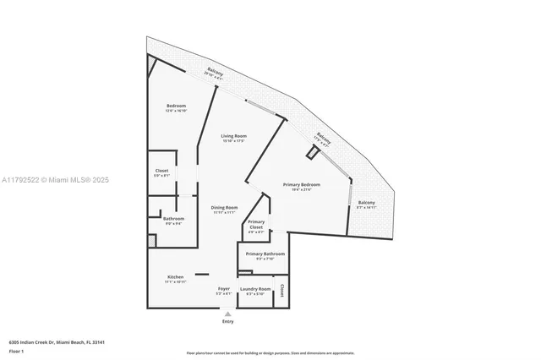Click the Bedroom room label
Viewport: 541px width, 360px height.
(x=176, y=106)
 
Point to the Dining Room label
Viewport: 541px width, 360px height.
(x=224, y=207)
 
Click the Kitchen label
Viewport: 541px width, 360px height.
(x=175, y=277)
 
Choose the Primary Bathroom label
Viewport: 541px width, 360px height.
(x=265, y=254)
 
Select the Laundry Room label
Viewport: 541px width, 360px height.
(x=255, y=289)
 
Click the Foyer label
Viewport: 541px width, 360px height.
(x=224, y=289)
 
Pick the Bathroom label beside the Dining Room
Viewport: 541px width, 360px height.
(x=173, y=219)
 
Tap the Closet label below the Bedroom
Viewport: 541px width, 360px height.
(x=161, y=171)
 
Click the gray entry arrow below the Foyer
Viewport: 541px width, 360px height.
(x=227, y=314)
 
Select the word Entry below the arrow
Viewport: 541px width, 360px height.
(x=227, y=322)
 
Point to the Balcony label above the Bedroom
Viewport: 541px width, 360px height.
(x=215, y=73)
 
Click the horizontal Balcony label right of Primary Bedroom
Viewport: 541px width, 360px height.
(x=366, y=203)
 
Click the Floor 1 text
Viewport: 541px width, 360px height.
(x=16, y=350)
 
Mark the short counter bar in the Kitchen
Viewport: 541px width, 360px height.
(x=201, y=274)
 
